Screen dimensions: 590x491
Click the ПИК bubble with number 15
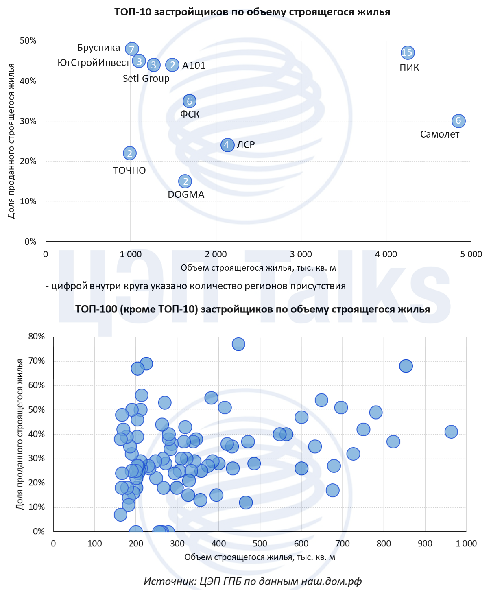pos(407,52)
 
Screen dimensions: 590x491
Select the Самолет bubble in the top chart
pos(458,121)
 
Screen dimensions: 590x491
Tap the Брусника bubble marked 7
pos(131,49)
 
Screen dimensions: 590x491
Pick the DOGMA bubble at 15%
pos(185,181)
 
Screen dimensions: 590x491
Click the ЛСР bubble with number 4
pos(227,145)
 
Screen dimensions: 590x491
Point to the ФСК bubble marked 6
pos(189,101)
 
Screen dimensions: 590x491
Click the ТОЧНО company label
pos(129,170)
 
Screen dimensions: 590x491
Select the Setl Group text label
pos(146,79)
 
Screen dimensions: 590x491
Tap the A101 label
pos(194,66)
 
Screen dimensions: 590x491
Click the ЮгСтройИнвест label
pos(94,63)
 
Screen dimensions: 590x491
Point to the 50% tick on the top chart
pos(28,41)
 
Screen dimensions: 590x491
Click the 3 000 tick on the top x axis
pos(301,254)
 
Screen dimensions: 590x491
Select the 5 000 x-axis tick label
pos(471,254)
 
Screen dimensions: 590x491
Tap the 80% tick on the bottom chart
pos(36,337)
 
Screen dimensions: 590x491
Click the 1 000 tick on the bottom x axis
pos(466,544)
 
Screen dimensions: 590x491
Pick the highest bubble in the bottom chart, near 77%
pos(238,344)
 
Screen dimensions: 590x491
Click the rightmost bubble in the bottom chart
pos(451,432)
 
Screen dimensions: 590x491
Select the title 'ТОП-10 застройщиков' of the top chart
pos(252,12)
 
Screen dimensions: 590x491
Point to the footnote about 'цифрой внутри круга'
pos(196,286)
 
